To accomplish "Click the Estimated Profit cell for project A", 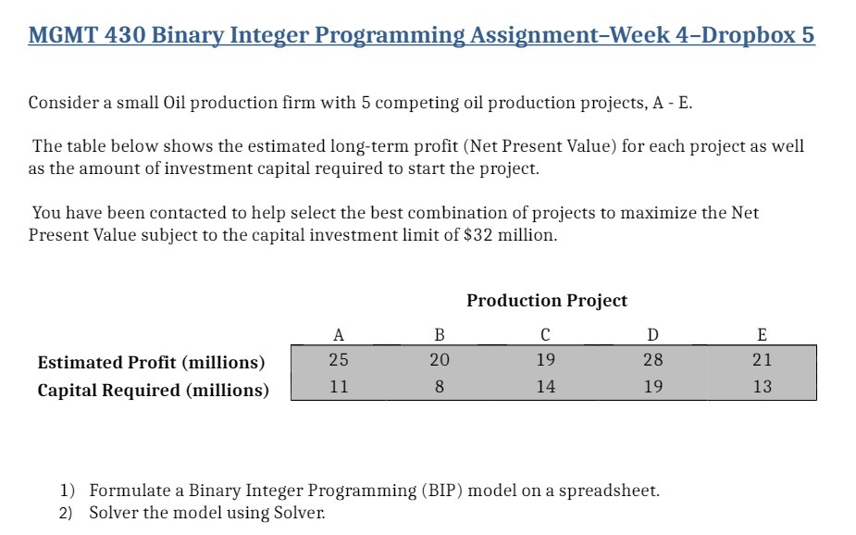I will tap(339, 360).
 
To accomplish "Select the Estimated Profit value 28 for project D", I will tap(653, 360).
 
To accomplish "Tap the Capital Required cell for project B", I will tap(440, 387).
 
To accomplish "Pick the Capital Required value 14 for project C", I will tap(546, 387).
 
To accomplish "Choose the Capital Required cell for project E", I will tap(762, 387).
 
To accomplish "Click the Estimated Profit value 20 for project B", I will tap(440, 360).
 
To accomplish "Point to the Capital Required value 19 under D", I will tap(653, 387).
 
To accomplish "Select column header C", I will tap(546, 334).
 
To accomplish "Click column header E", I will tap(762, 334).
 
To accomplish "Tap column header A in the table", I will tap(339, 334).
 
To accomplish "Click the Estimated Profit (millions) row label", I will tap(151, 362).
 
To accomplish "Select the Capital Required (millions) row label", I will tap(153, 390).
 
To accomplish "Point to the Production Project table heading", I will tap(546, 301).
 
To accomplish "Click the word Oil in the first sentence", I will tap(176, 103).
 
